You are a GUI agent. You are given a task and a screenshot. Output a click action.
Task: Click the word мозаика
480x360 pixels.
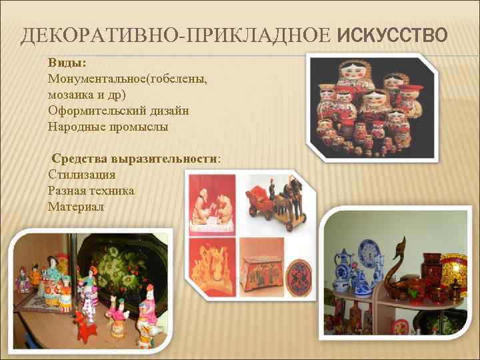(70, 94)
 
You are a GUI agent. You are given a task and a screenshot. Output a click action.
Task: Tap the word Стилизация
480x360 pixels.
(82, 175)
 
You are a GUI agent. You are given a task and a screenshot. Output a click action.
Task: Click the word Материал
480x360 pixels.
(76, 207)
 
